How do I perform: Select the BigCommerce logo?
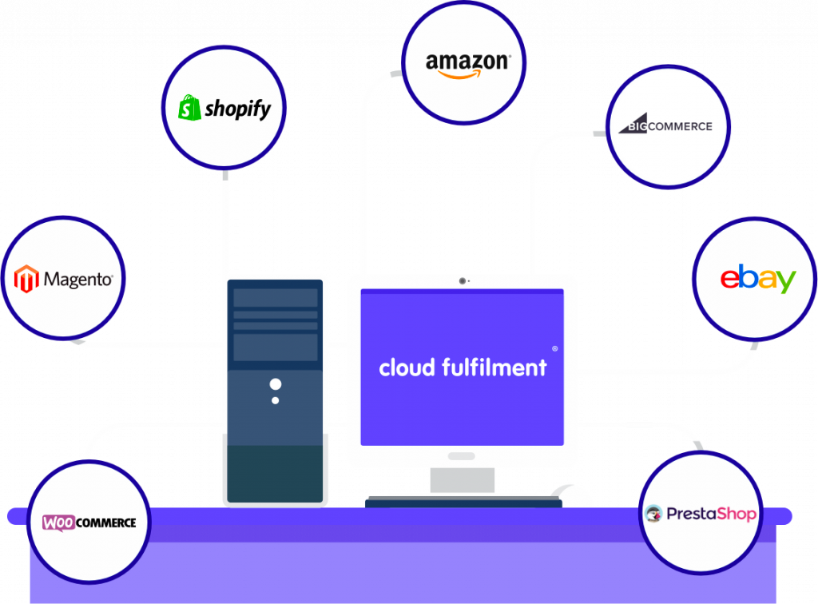669,125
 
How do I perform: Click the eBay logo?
756,279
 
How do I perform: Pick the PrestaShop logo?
700,514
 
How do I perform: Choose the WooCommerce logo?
89,523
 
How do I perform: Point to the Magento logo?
64,280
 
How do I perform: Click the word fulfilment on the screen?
494,368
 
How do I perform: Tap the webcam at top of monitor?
463,280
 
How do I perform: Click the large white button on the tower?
276,384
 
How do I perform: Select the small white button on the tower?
276,400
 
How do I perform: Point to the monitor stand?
462,480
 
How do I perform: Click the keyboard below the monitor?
463,502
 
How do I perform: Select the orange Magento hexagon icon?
27,280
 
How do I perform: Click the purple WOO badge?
59,523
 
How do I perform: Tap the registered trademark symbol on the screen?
555,348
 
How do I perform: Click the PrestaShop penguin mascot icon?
653,514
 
